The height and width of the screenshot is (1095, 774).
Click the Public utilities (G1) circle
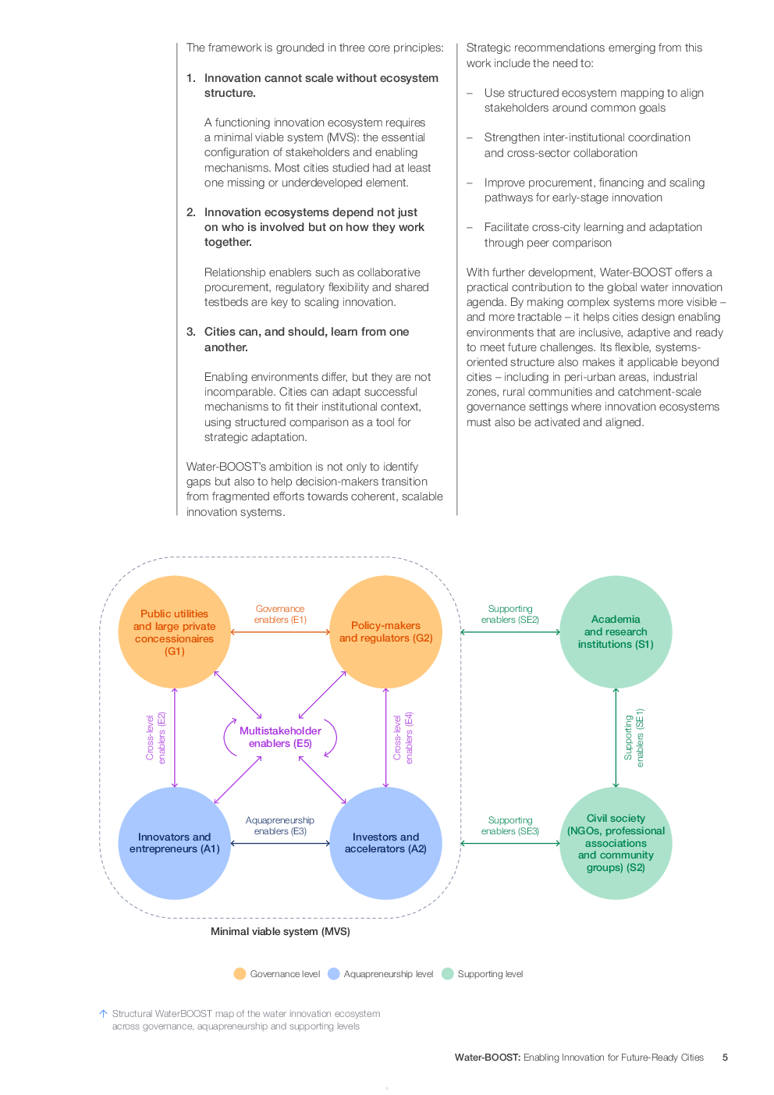pos(174,632)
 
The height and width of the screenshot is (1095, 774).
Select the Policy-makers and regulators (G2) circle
pos(385,632)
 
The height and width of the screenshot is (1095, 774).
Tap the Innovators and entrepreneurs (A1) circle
pos(174,843)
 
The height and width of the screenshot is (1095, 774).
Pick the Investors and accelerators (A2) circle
pos(385,843)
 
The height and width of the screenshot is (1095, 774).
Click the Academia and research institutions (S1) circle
pos(616,632)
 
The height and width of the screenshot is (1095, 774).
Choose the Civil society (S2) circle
pos(616,843)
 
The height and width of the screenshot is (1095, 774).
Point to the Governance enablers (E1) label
pos(280,614)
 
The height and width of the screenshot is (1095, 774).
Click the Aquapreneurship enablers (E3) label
pos(280,826)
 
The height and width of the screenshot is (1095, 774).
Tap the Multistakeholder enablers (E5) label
pos(280,737)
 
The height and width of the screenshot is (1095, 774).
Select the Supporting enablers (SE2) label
pos(510,614)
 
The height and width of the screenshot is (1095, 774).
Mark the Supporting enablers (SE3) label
pos(510,826)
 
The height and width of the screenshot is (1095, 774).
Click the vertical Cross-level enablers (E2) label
pos(156,738)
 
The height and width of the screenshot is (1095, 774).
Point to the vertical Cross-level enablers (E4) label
pos(403,738)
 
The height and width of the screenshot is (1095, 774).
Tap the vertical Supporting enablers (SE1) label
pos(634,738)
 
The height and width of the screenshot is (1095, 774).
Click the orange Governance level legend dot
pos(240,974)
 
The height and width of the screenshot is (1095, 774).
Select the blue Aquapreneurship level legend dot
pos(334,974)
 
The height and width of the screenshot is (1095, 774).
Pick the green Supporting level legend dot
pos(448,974)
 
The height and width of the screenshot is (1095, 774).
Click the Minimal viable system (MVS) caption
pos(280,931)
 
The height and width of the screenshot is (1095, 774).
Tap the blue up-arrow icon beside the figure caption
pos(103,1014)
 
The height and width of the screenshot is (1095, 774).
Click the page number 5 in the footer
pos(724,1058)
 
